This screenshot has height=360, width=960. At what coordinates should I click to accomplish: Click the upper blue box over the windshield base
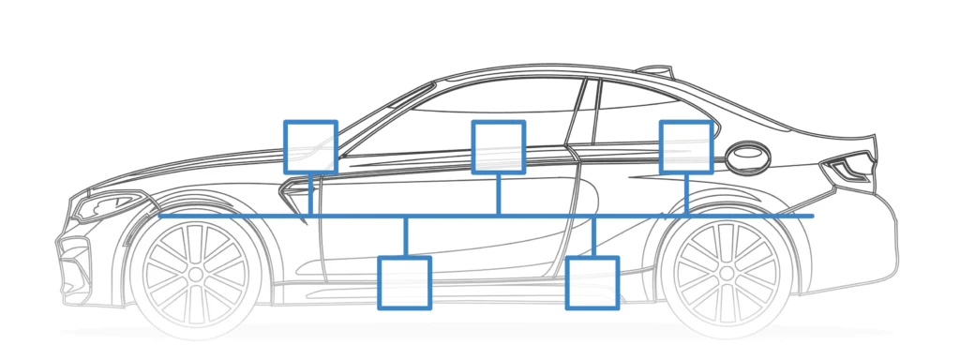(x=310, y=146)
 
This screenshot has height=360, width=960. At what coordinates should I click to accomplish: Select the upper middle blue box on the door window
(x=498, y=146)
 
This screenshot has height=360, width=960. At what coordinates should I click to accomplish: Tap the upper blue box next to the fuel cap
(x=686, y=146)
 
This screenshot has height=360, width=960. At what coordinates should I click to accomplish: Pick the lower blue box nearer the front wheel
(x=404, y=282)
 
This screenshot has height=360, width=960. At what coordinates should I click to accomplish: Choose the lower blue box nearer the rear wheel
(x=592, y=282)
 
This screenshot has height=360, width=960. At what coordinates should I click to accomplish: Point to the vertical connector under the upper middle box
(x=498, y=195)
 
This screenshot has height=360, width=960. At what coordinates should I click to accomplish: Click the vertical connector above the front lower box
(x=404, y=237)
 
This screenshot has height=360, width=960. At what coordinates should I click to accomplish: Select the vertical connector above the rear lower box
(x=592, y=237)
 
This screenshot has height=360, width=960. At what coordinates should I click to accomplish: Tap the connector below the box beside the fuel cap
(x=686, y=195)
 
